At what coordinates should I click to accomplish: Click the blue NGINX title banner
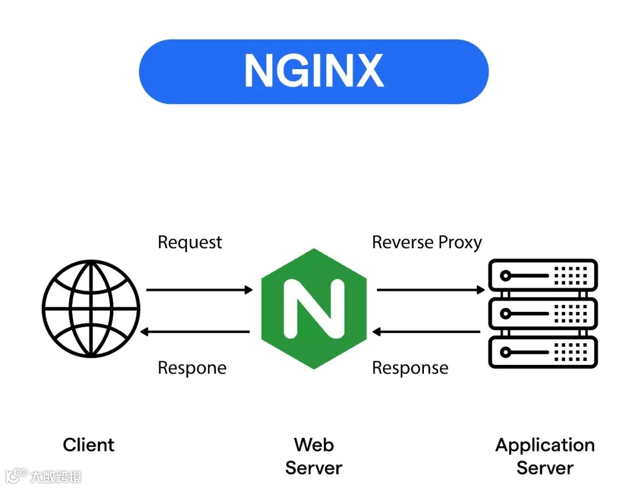[313, 71]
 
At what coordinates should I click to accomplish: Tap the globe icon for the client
[91, 308]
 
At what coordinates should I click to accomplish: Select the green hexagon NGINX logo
[313, 308]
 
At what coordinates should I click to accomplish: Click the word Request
[190, 242]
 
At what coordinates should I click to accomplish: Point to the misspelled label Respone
[192, 368]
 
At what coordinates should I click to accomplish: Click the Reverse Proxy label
[427, 242]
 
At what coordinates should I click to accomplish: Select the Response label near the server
[410, 368]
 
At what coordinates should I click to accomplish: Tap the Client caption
[88, 445]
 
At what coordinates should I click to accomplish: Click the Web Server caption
[313, 456]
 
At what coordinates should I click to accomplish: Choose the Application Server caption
[545, 456]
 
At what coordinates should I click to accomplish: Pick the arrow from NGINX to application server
[430, 289]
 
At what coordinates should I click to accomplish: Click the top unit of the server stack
[543, 275]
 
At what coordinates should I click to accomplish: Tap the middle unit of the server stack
[543, 314]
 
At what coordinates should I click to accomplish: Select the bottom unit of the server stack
[543, 352]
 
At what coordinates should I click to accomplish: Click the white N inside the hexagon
[313, 308]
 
